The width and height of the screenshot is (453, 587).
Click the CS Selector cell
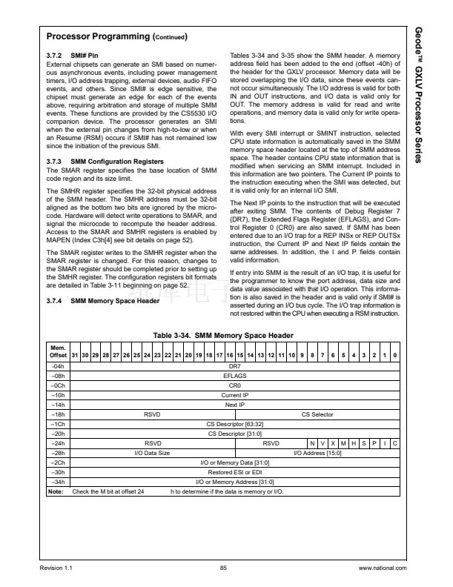click(x=317, y=414)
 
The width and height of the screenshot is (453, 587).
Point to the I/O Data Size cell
click(x=151, y=452)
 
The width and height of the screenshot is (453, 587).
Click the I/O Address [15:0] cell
click(x=317, y=452)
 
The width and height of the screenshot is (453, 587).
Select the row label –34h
click(x=56, y=481)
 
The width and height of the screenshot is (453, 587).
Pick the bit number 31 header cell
click(x=74, y=356)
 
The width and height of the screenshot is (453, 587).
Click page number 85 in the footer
click(x=223, y=568)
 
